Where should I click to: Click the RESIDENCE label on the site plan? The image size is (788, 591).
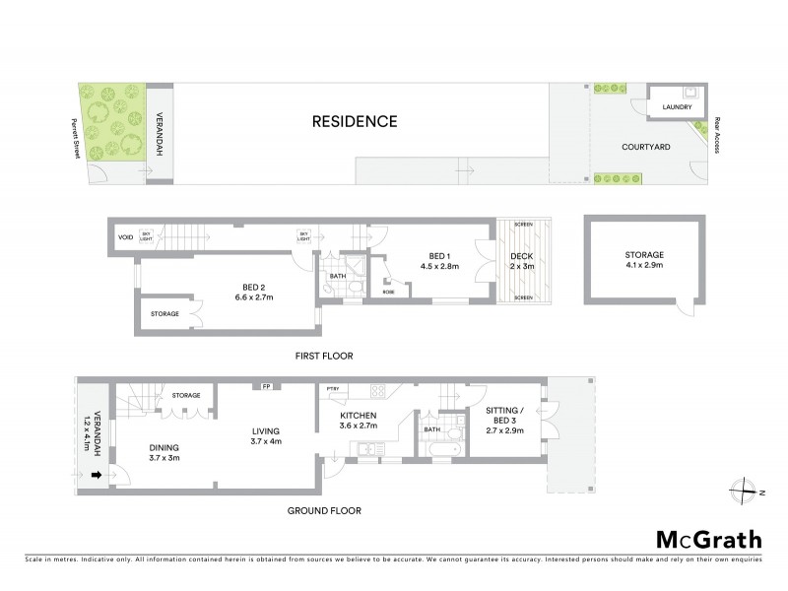355,122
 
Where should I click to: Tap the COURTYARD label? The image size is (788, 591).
646,147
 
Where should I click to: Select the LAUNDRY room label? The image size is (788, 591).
677,107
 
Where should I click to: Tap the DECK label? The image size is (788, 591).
520,256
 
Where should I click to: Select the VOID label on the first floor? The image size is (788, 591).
125,237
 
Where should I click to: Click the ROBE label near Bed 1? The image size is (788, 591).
389,293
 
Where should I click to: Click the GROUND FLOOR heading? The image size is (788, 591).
324,510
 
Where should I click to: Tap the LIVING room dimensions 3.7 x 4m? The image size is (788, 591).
265,442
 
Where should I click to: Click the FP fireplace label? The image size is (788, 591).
266,385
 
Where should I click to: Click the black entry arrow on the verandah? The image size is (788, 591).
96,476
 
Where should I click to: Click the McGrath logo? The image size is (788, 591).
708,539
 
